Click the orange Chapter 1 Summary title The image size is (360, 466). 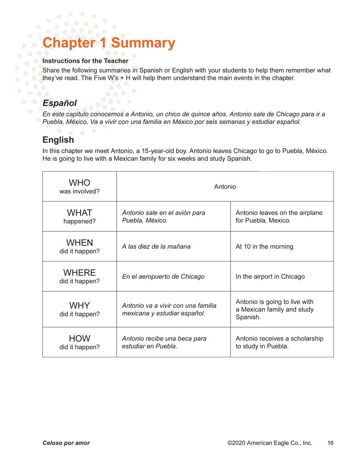pyautogui.click(x=109, y=43)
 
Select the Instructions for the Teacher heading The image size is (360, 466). pyautogui.click(x=85, y=61)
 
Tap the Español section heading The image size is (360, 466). pyautogui.click(x=60, y=103)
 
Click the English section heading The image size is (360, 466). pyautogui.click(x=58, y=140)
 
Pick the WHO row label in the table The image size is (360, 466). pyautogui.click(x=80, y=186)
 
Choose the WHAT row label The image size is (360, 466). pyautogui.click(x=80, y=216)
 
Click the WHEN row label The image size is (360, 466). pyautogui.click(x=80, y=246)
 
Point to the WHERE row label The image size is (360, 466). pyautogui.click(x=80, y=276)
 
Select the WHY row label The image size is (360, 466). pyautogui.click(x=80, y=309)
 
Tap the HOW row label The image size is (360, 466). pyautogui.click(x=80, y=342)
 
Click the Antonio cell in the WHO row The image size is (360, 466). pyautogui.click(x=225, y=186)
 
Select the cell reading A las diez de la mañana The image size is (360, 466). pyautogui.click(x=156, y=247)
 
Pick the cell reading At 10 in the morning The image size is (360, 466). pyautogui.click(x=265, y=247)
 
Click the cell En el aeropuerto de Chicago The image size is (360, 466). pyautogui.click(x=163, y=276)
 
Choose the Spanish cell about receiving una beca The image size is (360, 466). pyautogui.click(x=164, y=342)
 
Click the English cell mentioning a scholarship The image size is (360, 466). pyautogui.click(x=279, y=342)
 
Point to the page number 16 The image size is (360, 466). pyautogui.click(x=330, y=443)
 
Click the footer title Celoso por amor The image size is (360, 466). pyautogui.click(x=66, y=443)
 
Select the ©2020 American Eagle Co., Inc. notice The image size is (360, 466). pyautogui.click(x=270, y=443)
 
